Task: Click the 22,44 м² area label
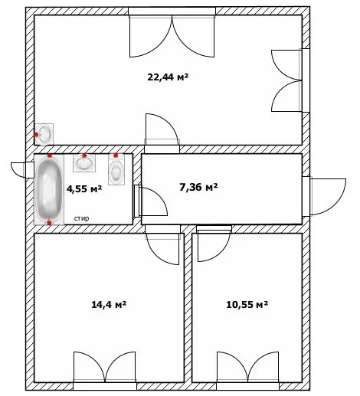[168, 77]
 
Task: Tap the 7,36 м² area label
[198, 187]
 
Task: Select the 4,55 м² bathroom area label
[84, 189]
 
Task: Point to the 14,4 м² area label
[109, 304]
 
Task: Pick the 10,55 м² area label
[247, 304]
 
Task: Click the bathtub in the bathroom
[49, 189]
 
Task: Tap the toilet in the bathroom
[116, 169]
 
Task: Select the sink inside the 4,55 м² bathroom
[84, 163]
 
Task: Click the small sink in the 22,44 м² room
[44, 134]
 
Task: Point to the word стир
[81, 218]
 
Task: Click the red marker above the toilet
[116, 155]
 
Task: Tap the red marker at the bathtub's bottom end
[49, 223]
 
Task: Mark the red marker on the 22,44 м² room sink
[36, 134]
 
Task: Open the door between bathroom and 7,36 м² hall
[150, 201]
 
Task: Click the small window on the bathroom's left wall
[22, 170]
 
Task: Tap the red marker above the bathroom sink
[84, 155]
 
